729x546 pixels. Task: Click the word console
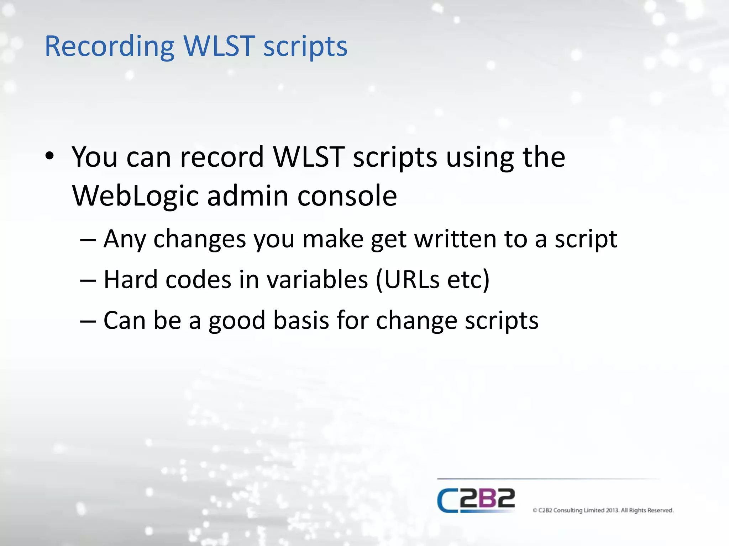pyautogui.click(x=347, y=196)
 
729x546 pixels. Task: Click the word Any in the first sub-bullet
pyautogui.click(x=125, y=239)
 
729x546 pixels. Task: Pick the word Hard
pyautogui.click(x=130, y=280)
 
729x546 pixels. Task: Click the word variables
pyautogui.click(x=317, y=280)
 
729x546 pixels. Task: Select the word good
pyautogui.click(x=237, y=320)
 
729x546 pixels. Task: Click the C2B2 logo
pyautogui.click(x=476, y=500)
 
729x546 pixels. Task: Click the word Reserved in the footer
pyautogui.click(x=660, y=510)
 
